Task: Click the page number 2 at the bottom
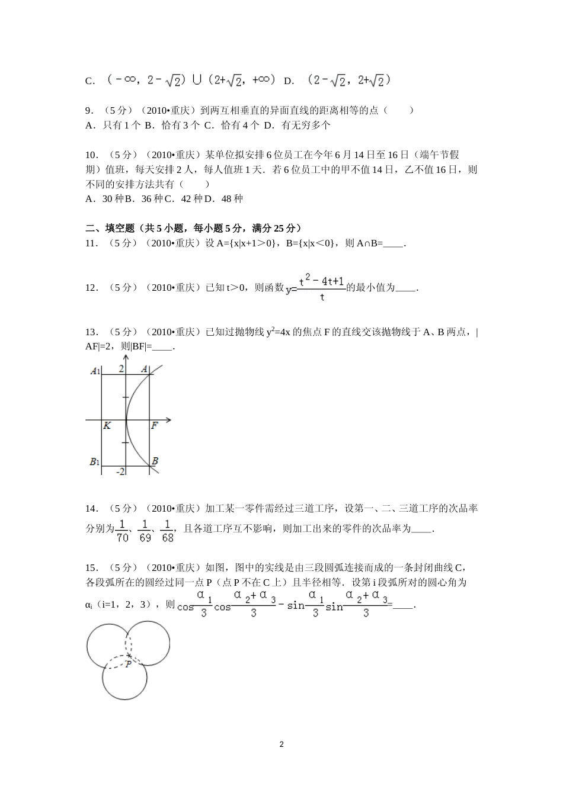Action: [281, 744]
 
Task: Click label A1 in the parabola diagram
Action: [94, 371]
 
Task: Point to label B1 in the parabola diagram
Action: [94, 461]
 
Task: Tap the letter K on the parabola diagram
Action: [107, 426]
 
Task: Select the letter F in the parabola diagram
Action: [154, 426]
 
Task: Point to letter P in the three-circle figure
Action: [128, 665]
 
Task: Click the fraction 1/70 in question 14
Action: [122, 530]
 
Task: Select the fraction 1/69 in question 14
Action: [145, 530]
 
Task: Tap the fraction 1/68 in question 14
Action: [168, 530]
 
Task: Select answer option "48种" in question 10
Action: [232, 199]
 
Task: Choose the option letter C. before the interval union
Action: [90, 81]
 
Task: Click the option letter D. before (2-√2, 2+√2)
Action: [289, 81]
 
